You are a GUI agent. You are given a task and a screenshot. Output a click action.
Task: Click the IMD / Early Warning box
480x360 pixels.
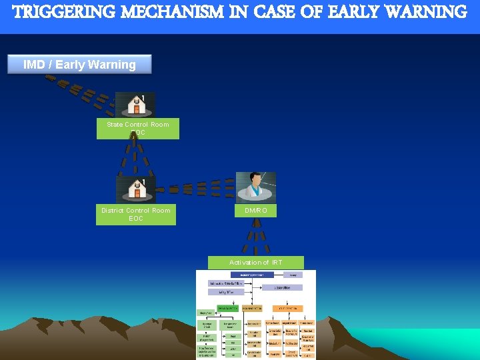coord(80,65)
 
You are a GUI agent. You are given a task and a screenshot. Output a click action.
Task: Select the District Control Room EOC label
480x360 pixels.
coord(136,214)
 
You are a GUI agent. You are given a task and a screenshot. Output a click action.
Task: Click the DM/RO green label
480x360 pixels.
coord(256,211)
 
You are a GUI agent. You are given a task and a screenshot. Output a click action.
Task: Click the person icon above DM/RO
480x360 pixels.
coord(256,187)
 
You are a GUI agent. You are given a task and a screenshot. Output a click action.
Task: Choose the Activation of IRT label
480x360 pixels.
coord(256,263)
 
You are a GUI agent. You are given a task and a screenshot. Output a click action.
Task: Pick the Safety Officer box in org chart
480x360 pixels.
coord(225,292)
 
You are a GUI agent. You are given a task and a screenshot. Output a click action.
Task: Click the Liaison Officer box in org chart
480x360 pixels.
coord(281,287)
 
